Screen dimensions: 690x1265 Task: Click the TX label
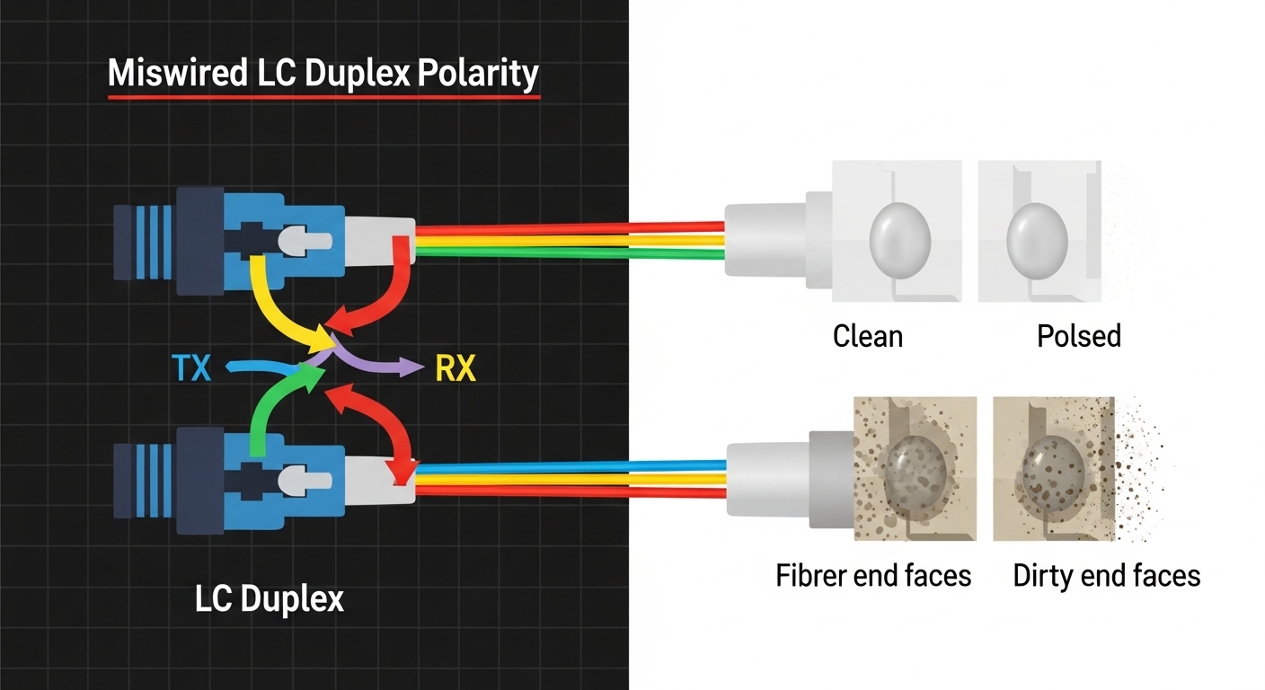click(190, 367)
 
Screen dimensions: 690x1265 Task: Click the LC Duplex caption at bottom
click(269, 598)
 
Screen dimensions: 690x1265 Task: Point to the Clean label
click(867, 336)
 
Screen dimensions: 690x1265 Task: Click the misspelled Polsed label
click(1079, 336)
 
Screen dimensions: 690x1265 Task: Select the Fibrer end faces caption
click(873, 575)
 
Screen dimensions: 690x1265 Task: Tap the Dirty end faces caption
click(1106, 575)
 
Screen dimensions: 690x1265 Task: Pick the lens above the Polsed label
click(1037, 236)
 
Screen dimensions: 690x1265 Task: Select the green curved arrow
click(270, 409)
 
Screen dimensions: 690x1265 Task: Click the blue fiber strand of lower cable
click(575, 466)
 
